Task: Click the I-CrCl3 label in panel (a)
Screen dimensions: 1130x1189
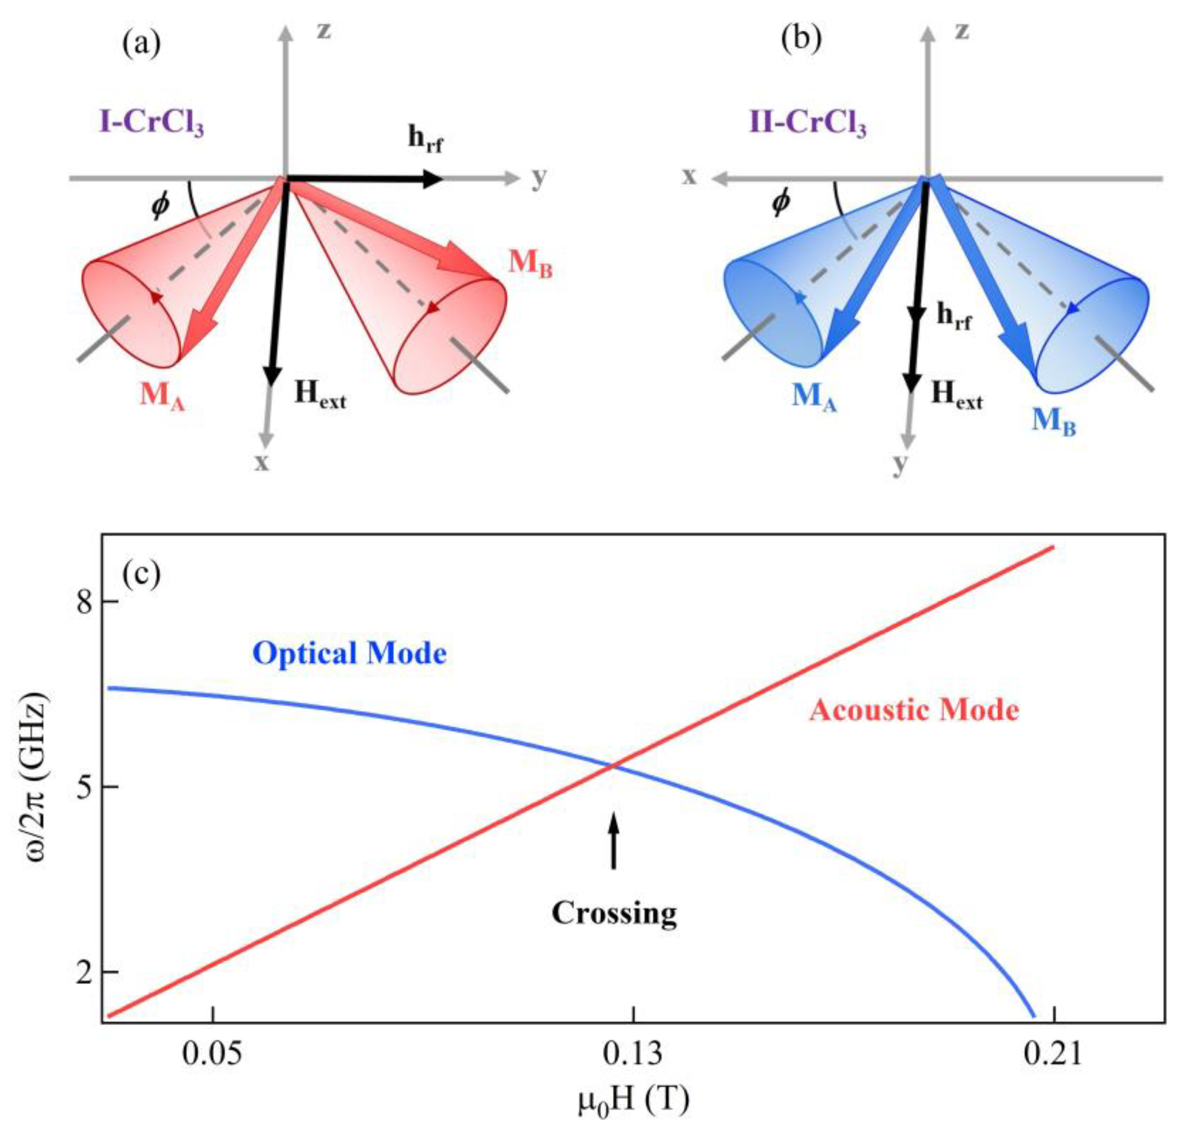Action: [152, 124]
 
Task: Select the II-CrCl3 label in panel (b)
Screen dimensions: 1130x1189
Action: [807, 124]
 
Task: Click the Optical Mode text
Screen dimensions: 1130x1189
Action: [349, 653]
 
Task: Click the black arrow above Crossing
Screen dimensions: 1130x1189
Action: [613, 840]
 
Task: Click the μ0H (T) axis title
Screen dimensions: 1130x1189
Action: [633, 1101]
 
